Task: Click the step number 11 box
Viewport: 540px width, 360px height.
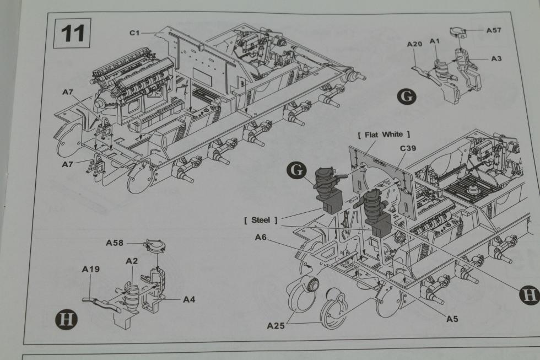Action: (73, 34)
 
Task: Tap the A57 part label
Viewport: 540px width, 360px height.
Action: (493, 30)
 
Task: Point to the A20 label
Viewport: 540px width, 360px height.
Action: (414, 44)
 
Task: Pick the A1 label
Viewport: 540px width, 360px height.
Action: (434, 41)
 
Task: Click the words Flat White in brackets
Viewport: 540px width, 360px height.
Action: (384, 134)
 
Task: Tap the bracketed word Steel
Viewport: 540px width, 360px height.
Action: (261, 220)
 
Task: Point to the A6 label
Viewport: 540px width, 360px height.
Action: (261, 237)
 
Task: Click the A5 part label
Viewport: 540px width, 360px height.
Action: (453, 318)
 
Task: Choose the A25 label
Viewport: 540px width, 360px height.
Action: (276, 325)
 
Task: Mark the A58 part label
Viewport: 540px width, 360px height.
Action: (115, 243)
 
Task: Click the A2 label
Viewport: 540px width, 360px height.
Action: (131, 260)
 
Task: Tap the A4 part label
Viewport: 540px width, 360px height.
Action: (189, 299)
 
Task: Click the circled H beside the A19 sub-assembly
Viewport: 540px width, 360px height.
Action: (64, 319)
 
